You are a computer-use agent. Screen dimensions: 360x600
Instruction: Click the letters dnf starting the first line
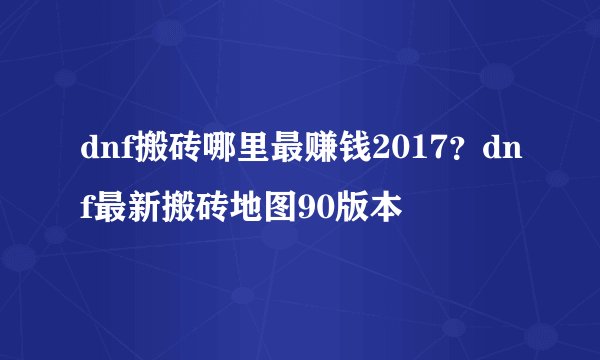coord(97,152)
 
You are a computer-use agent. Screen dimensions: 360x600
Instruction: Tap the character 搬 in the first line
coord(136,152)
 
